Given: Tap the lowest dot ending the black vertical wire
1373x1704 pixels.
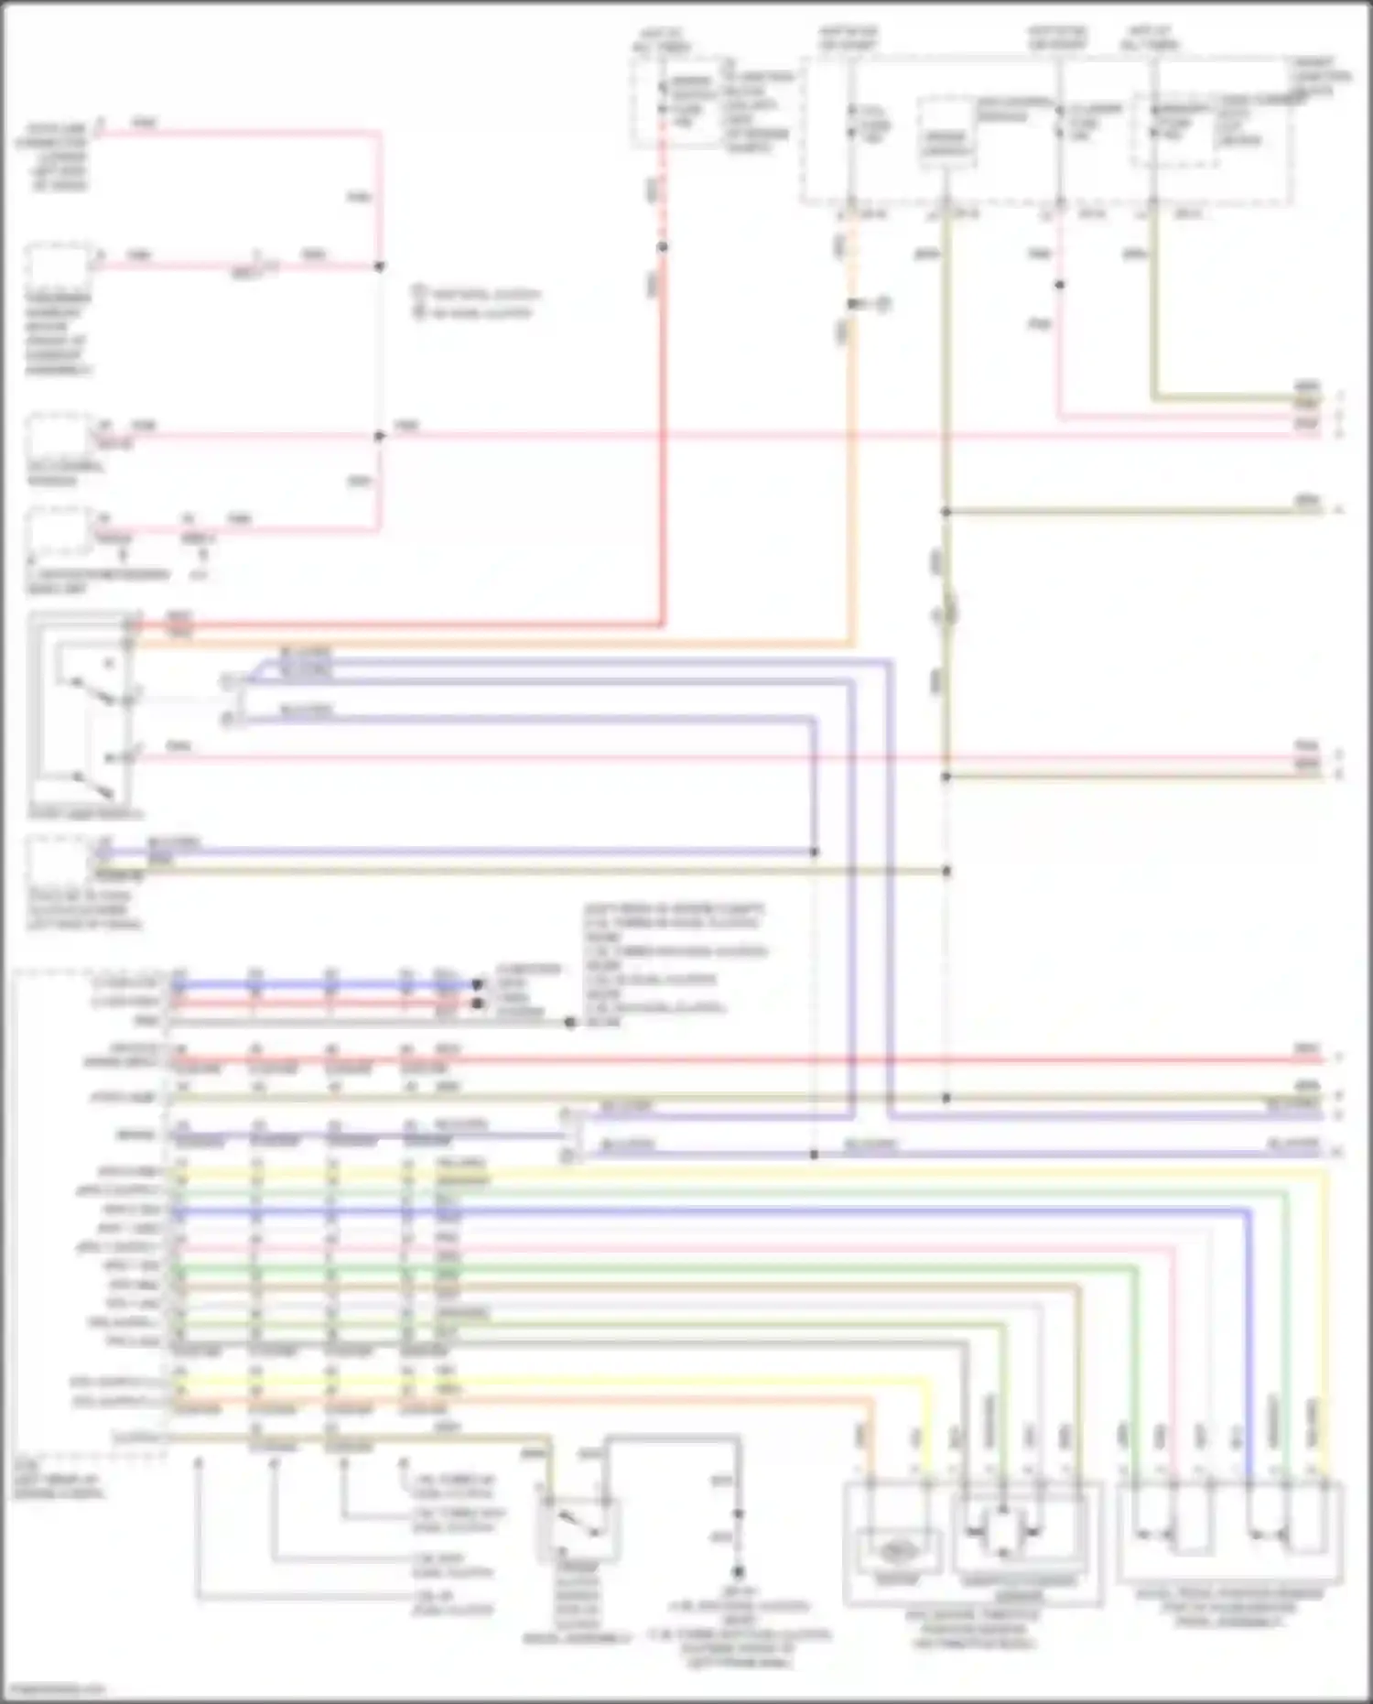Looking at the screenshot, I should point(739,1571).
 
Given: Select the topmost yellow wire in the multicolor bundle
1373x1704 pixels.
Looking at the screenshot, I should point(732,1171).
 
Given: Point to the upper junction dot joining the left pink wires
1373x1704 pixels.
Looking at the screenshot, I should point(379,266).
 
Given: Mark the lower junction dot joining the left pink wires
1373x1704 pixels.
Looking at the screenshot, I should point(379,436).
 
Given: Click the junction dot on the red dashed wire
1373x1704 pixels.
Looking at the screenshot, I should point(663,247).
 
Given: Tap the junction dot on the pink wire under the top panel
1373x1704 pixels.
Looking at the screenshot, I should point(1059,285).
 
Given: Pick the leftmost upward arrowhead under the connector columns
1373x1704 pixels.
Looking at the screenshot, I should point(198,1462).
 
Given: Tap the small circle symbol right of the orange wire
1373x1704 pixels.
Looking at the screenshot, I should point(883,303).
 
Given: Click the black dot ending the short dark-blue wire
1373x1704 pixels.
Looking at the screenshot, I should point(477,985).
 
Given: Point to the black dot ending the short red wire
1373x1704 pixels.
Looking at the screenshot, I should point(477,1004).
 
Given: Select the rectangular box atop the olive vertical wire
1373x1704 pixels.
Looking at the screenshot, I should point(946,133).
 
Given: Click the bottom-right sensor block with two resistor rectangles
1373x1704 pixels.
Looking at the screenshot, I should point(1230,1531).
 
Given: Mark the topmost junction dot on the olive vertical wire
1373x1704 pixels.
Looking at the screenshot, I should point(946,512).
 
